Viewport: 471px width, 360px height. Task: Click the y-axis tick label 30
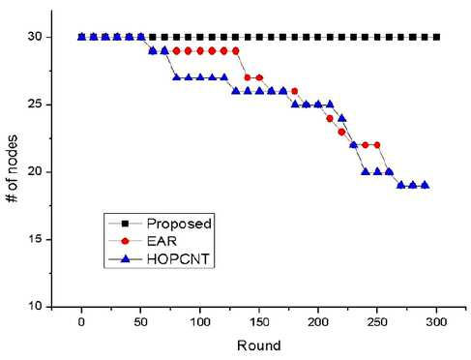[35, 37]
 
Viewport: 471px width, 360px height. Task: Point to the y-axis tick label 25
[35, 105]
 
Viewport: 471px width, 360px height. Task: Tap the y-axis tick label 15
[35, 239]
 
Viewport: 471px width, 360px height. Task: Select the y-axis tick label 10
[35, 306]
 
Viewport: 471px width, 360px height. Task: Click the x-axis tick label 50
[140, 322]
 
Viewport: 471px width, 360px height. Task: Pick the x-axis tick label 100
[200, 322]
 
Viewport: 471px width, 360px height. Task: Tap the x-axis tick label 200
[318, 322]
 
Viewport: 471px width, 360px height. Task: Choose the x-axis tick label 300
[436, 322]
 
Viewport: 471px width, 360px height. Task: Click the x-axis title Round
[259, 345]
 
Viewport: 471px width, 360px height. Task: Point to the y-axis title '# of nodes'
[13, 168]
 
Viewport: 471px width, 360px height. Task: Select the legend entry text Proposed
[179, 224]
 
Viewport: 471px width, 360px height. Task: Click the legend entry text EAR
[162, 241]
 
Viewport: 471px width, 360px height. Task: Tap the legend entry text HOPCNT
[178, 258]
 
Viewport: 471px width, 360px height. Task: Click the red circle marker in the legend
[126, 241]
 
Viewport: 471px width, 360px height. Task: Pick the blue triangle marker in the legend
[125, 258]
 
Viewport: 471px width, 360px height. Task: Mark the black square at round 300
[436, 37]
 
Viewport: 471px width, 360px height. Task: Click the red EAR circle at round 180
[294, 91]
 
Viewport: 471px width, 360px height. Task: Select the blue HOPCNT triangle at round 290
[425, 185]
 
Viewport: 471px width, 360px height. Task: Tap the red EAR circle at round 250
[377, 145]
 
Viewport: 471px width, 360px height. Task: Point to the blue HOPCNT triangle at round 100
[200, 77]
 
